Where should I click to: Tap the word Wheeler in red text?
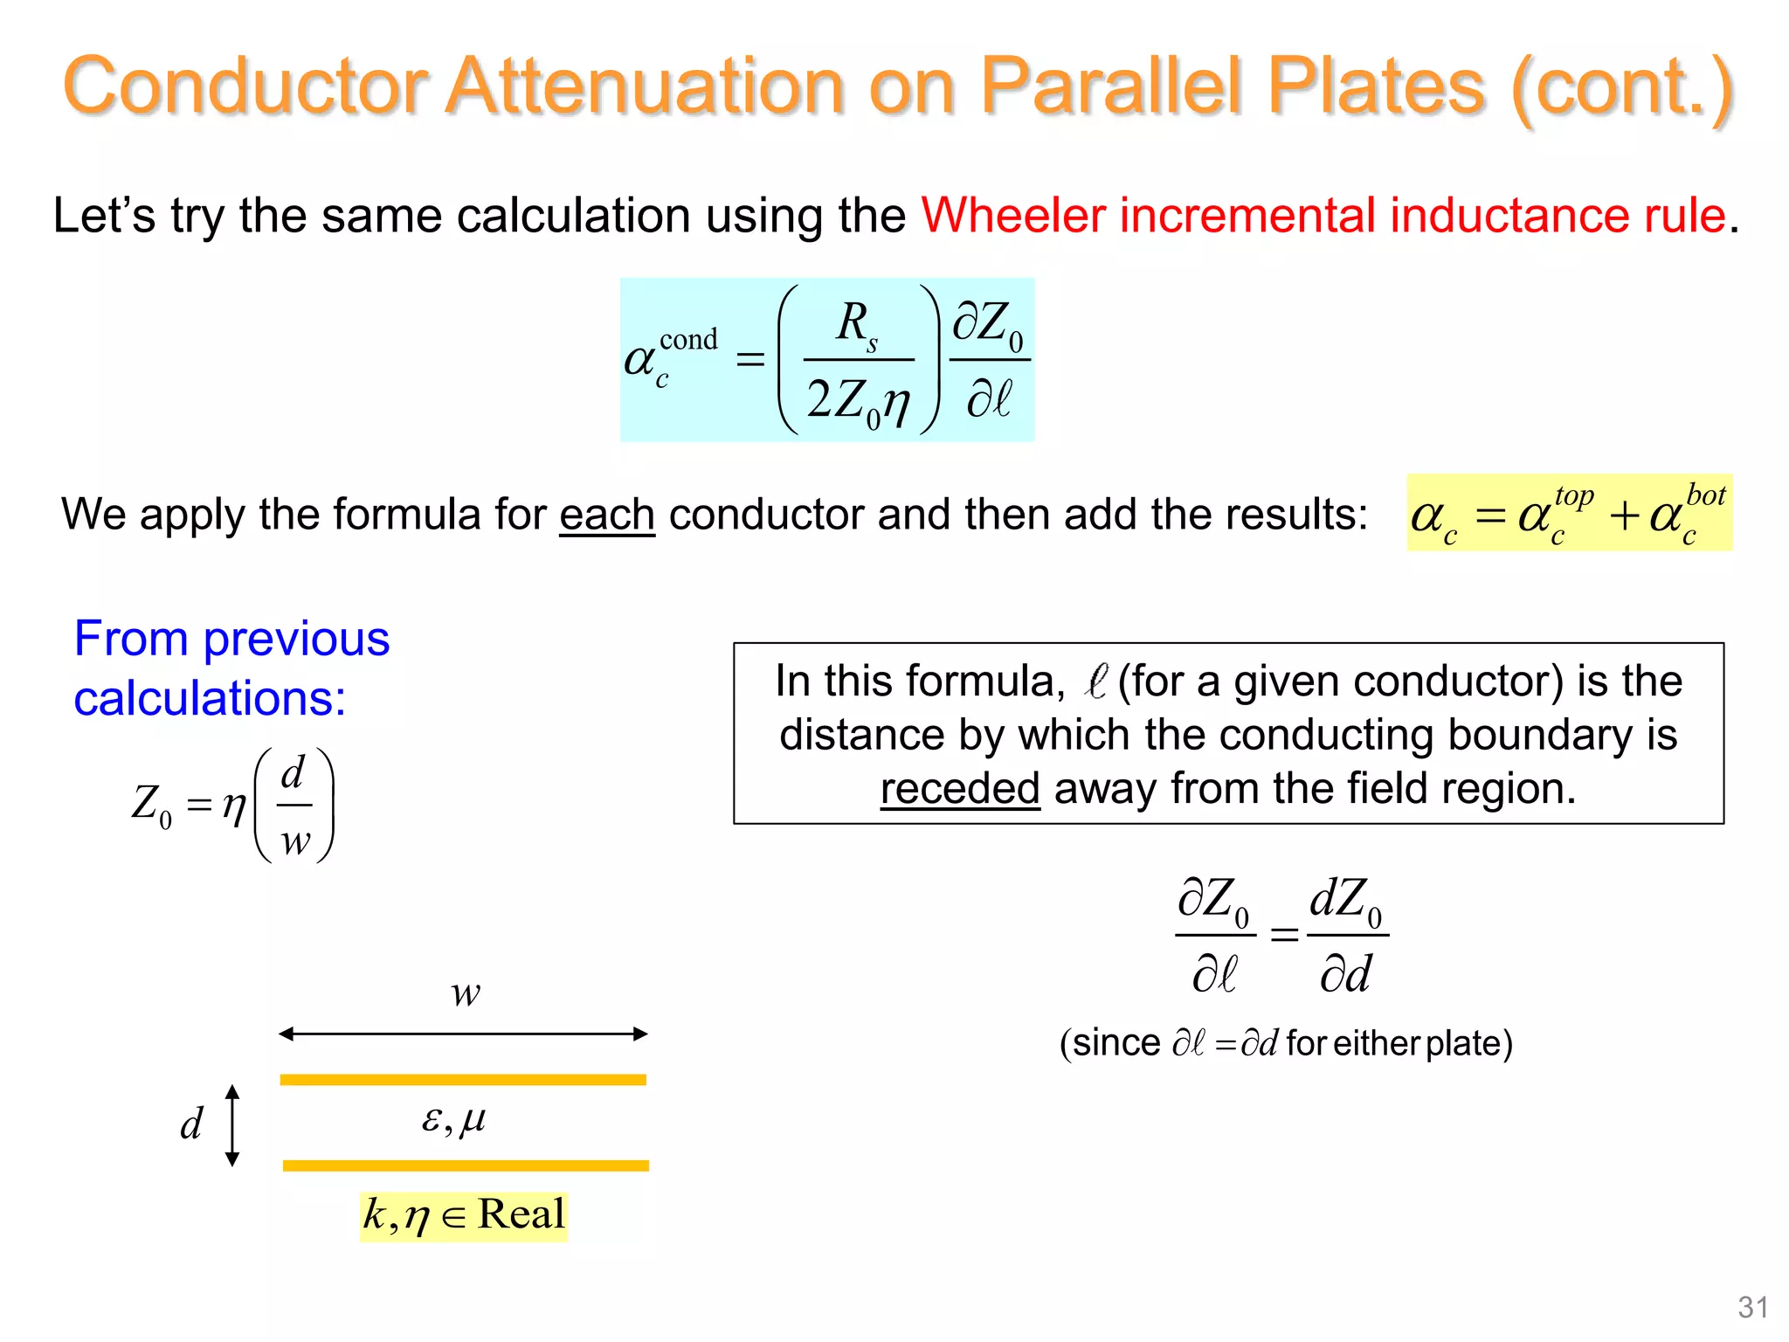(1012, 215)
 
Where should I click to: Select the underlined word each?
(606, 515)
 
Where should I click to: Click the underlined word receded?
(959, 789)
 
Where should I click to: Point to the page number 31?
(1752, 1307)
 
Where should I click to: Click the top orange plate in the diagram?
(463, 1080)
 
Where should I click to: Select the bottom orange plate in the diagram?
(466, 1166)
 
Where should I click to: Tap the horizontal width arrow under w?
(463, 1034)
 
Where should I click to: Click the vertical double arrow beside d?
(232, 1125)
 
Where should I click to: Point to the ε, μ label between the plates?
(453, 1119)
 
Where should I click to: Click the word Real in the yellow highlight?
(521, 1214)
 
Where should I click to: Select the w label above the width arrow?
(466, 993)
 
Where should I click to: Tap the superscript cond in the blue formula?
(688, 340)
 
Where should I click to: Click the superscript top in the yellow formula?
(1574, 495)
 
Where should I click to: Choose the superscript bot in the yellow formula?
(1705, 495)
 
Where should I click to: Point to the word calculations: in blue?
(210, 698)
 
